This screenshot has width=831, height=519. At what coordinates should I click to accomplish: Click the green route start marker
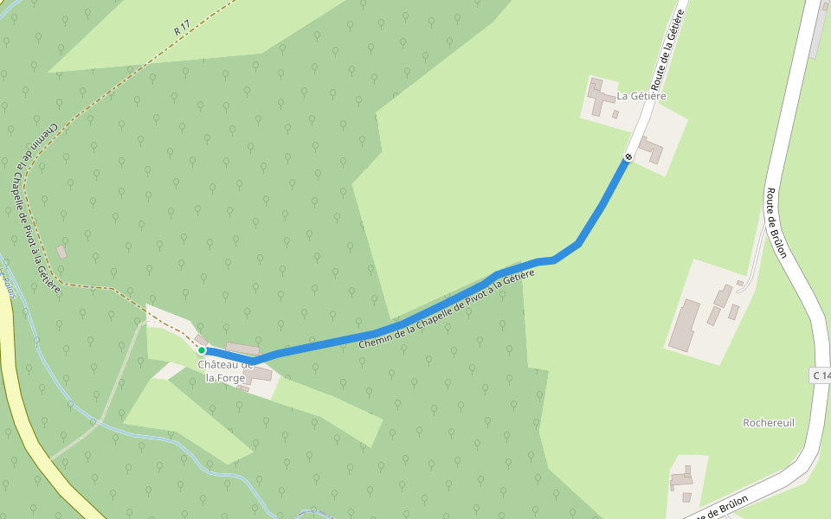point(201,350)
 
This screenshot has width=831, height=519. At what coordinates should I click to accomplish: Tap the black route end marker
point(628,157)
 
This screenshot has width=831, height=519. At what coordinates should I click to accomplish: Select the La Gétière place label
point(641,96)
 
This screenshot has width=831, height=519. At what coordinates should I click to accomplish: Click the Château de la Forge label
point(225,371)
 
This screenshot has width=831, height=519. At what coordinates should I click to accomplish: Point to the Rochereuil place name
point(769,422)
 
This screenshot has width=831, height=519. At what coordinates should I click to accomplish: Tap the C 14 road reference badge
point(821,375)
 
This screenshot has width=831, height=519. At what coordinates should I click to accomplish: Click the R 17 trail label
point(182,29)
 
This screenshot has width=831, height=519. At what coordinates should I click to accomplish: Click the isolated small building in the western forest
point(61,252)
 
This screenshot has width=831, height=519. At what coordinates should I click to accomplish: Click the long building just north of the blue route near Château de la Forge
point(242,348)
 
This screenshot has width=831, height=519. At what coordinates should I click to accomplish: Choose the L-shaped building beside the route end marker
point(651,149)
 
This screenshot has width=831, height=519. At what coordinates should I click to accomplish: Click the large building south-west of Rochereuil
point(682,478)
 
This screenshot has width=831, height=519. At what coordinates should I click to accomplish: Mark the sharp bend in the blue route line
point(577,244)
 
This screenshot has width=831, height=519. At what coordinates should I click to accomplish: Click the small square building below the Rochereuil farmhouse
point(686,497)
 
